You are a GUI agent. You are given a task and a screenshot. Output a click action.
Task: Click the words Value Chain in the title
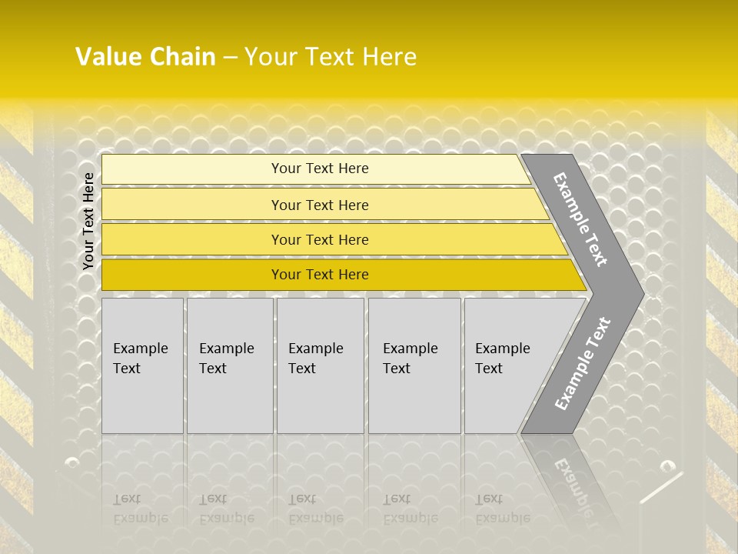click(145, 57)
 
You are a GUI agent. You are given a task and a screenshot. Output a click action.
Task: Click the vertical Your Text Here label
click(88, 221)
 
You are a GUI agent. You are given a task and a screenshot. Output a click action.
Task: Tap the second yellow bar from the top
click(319, 205)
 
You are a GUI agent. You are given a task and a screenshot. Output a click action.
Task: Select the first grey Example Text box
click(142, 365)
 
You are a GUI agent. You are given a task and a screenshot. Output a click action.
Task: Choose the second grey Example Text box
click(229, 365)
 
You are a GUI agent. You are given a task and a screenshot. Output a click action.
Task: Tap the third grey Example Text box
click(320, 365)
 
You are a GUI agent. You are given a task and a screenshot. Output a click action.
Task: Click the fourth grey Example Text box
click(414, 365)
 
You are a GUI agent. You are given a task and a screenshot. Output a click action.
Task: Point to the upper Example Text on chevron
click(580, 219)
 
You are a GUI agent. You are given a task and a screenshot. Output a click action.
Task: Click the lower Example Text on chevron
click(583, 363)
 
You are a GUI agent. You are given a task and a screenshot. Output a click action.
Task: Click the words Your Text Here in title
click(331, 57)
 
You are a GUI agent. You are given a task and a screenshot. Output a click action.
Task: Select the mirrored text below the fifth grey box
click(502, 509)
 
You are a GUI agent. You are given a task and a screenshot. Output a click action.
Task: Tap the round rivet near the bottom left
click(72, 462)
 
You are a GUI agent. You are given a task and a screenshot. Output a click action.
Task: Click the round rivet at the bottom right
click(667, 466)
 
